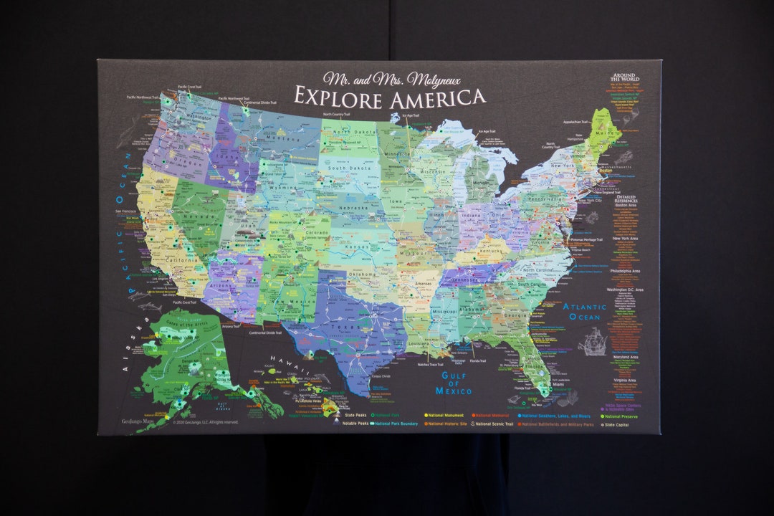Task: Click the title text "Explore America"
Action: click(x=389, y=97)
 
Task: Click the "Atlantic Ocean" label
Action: click(x=584, y=312)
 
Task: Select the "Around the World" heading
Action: click(x=624, y=77)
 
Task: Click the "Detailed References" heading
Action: click(x=626, y=199)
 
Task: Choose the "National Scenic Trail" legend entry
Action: click(x=494, y=424)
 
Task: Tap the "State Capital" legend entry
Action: click(x=621, y=424)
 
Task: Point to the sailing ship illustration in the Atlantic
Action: click(x=592, y=342)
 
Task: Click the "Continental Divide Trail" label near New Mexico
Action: click(x=265, y=333)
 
